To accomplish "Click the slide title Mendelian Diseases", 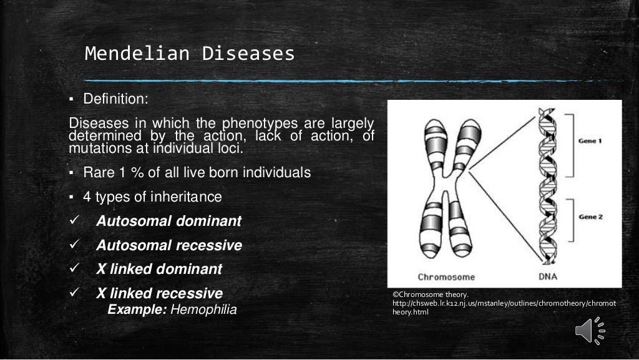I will click(x=190, y=54).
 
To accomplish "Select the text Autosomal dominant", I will click(x=168, y=221).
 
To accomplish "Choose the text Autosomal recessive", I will click(x=168, y=246).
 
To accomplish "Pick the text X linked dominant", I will click(x=159, y=270).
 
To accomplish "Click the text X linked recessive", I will click(x=159, y=293).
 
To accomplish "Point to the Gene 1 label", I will click(x=590, y=142).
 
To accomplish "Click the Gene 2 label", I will click(x=590, y=216).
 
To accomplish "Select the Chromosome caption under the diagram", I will click(x=446, y=277).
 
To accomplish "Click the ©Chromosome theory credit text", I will click(x=430, y=294).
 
